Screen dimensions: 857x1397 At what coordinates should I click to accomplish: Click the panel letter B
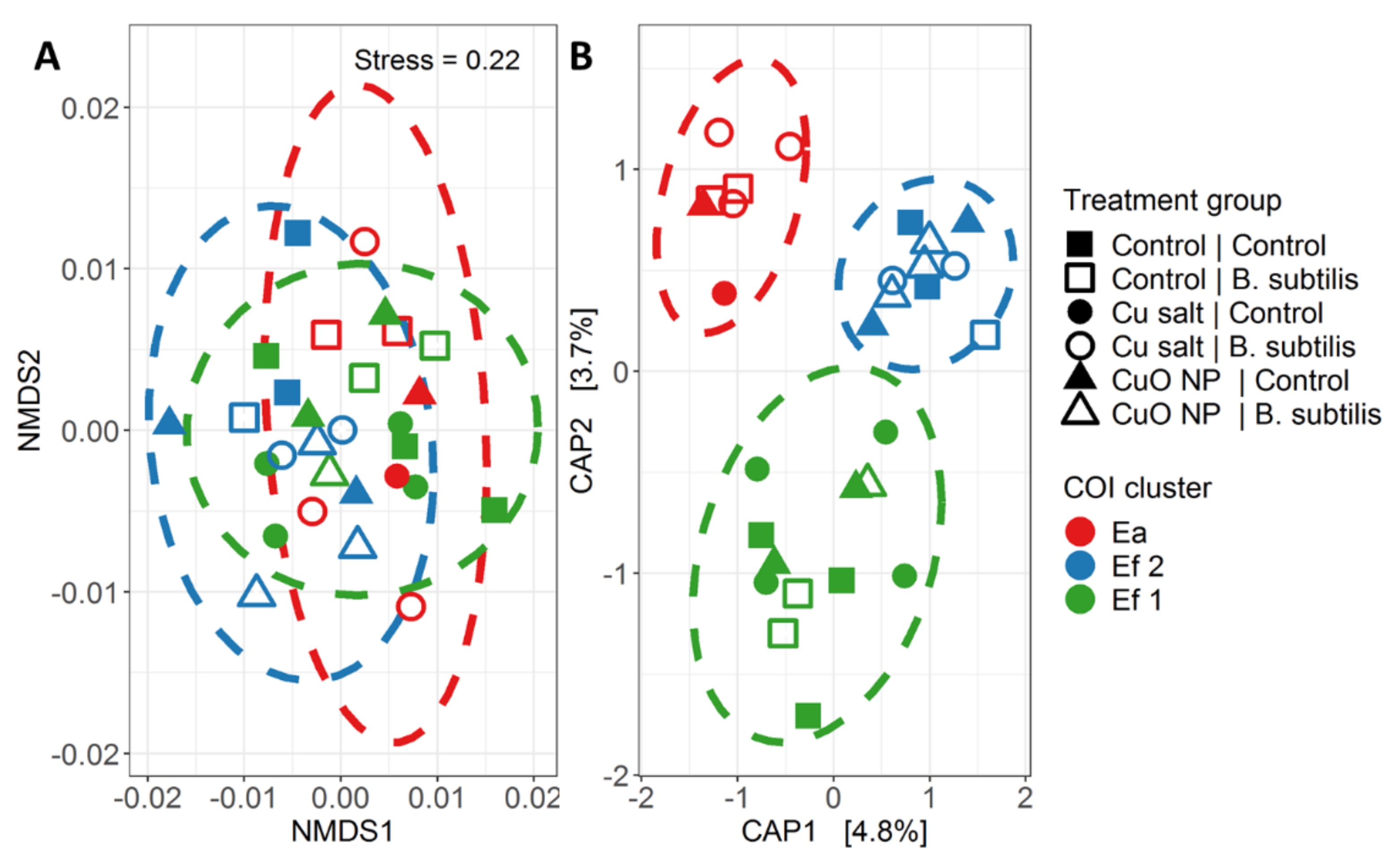[x=581, y=57]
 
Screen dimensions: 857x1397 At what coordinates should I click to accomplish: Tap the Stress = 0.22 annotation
[x=437, y=60]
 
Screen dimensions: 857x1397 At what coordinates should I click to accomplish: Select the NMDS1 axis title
[x=342, y=831]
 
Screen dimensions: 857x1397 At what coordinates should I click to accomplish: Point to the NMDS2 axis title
[x=30, y=400]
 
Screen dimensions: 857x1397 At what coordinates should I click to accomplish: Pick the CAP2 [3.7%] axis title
[x=582, y=400]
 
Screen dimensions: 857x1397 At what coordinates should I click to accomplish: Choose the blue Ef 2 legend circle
[x=1080, y=566]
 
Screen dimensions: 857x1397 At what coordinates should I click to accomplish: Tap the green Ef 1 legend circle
[x=1080, y=599]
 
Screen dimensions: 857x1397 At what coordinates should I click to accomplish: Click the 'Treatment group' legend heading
[x=1172, y=201]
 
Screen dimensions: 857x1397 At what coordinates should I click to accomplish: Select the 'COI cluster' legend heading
[x=1137, y=488]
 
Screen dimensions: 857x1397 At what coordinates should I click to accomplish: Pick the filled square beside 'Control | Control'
[x=1080, y=245]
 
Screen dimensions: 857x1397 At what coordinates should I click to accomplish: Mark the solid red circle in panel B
[x=724, y=293]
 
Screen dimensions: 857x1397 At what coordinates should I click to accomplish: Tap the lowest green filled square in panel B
[x=808, y=716]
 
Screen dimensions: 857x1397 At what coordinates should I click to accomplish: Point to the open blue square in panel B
[x=985, y=334]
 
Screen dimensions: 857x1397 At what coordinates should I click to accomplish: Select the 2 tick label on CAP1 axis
[x=1024, y=797]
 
